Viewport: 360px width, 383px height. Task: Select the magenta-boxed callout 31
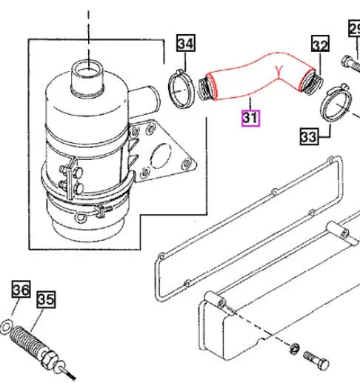click(x=250, y=117)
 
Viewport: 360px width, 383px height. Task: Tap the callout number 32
click(x=319, y=46)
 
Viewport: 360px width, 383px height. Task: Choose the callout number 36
click(x=21, y=290)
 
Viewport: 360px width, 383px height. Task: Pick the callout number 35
click(x=46, y=299)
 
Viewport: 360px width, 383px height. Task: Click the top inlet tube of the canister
click(x=87, y=76)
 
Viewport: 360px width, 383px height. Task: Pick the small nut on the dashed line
click(x=294, y=348)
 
